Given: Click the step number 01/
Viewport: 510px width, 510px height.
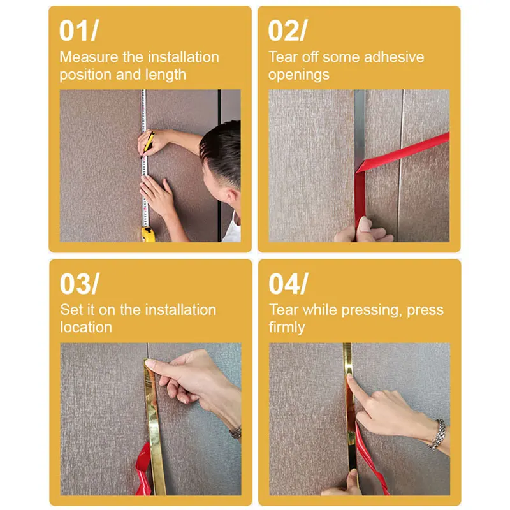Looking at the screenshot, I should point(80,31).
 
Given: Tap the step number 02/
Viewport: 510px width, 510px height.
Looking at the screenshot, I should point(288,31).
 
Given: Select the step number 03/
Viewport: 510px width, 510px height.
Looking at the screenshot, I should point(80,284).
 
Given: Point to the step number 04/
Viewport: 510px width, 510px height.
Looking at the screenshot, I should point(288,284).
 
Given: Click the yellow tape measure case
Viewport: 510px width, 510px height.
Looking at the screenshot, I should point(147,235).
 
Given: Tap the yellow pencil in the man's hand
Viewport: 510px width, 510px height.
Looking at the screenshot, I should point(147,142).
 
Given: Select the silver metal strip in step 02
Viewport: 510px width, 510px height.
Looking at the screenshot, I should point(360,127).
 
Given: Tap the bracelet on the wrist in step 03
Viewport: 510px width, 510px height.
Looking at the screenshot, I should point(235,432).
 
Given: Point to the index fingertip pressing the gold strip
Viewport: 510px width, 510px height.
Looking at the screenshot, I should point(351,380).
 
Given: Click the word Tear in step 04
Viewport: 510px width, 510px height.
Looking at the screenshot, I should point(283,310).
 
